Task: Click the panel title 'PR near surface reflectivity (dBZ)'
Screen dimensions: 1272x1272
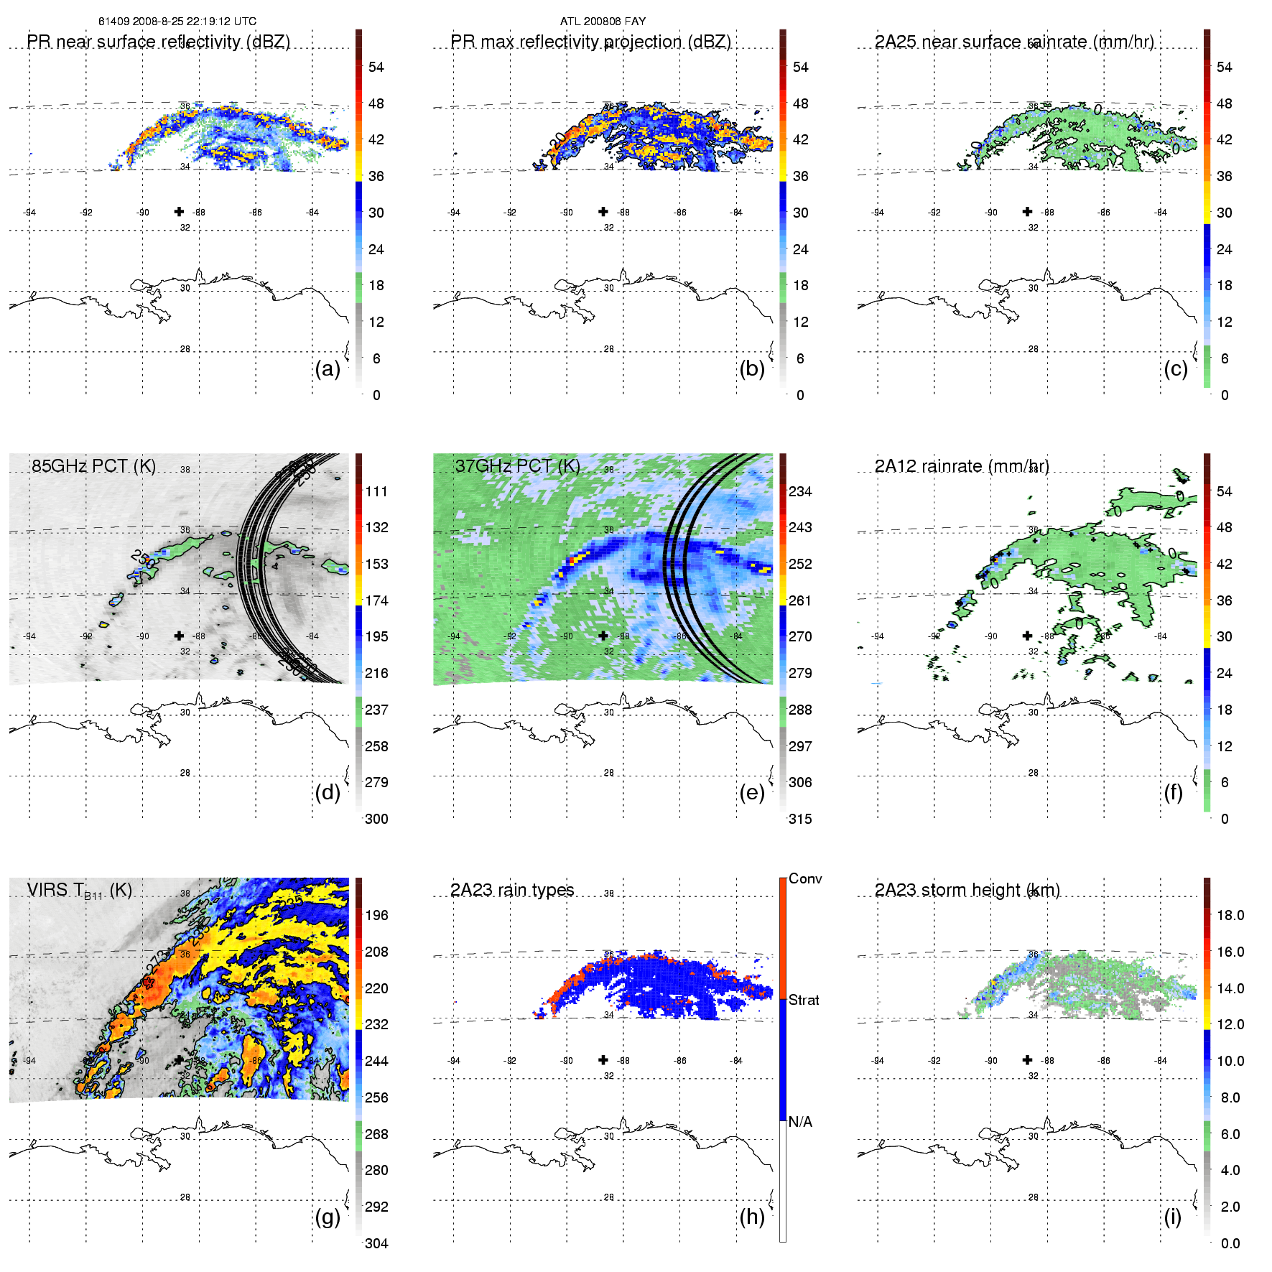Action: (158, 42)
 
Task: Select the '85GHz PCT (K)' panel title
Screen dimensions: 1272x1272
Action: (93, 466)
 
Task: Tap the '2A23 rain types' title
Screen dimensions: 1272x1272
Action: (512, 890)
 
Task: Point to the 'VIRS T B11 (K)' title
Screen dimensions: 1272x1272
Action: (79, 891)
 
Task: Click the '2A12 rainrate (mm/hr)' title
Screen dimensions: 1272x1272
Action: (962, 466)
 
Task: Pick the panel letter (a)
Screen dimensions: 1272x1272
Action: (328, 368)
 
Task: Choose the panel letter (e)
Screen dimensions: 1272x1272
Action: (752, 792)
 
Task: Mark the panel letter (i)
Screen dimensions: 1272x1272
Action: (1172, 1217)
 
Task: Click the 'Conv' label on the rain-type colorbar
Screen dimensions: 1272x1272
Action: (805, 878)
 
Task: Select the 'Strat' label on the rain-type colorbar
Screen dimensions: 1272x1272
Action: (804, 1000)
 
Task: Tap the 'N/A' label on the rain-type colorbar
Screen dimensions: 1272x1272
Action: (800, 1122)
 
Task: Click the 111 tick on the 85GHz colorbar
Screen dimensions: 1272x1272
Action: (376, 491)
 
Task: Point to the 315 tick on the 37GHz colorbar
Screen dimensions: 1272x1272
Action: (800, 819)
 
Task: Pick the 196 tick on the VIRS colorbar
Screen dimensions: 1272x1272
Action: (376, 915)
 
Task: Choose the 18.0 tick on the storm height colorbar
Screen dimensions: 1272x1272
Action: (1230, 915)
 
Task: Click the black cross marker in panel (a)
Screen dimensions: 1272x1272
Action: (179, 211)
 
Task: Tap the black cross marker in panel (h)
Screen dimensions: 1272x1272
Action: (603, 1059)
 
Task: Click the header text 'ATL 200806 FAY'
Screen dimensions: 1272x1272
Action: (603, 22)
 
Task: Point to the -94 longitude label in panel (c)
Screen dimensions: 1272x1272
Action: (878, 213)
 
